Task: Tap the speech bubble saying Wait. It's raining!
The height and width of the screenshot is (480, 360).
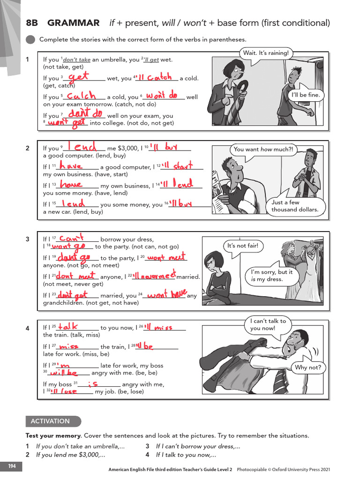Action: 266,53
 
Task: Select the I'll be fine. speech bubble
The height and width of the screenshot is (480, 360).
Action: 306,95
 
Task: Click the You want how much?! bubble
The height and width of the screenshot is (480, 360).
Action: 263,150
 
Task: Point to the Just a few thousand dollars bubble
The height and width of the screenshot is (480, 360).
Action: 294,206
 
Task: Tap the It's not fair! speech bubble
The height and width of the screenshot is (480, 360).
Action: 242,246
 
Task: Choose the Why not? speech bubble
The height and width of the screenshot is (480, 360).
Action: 308,367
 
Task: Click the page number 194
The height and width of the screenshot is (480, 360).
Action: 11,466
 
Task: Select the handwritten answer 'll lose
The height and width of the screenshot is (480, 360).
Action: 65,391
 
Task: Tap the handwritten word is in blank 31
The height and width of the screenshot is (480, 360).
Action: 92,383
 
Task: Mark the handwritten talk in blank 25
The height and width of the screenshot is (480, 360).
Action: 68,326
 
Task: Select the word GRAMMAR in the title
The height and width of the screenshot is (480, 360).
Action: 74,22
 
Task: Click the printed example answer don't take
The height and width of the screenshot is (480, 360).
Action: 77,60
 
